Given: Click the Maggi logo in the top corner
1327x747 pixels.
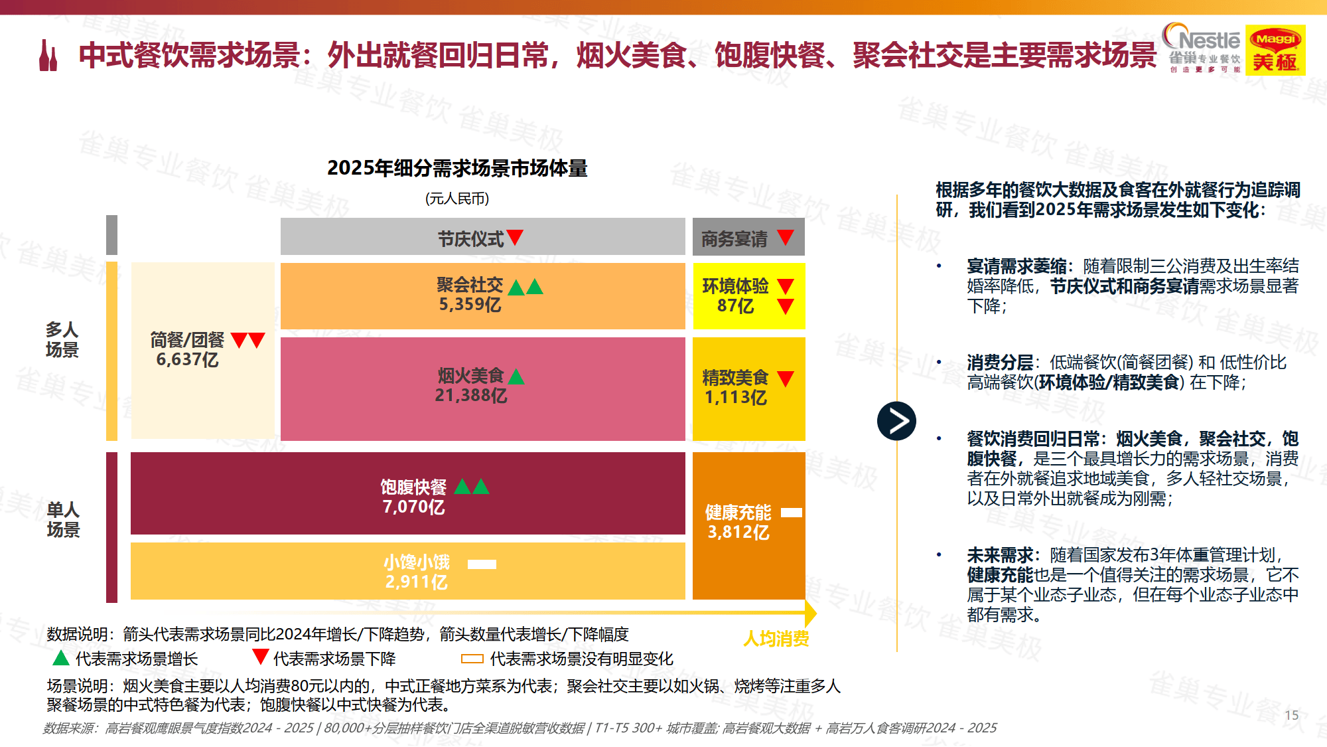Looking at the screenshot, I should (x=1275, y=50).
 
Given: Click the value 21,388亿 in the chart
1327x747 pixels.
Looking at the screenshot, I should (x=470, y=396).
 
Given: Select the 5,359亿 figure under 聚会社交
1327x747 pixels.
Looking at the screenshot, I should (x=470, y=305).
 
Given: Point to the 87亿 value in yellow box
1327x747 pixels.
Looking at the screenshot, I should (x=735, y=306).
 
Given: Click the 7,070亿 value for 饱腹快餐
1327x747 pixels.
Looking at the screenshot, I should (x=413, y=507).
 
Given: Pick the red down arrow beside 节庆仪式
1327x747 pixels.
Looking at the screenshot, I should (x=515, y=237).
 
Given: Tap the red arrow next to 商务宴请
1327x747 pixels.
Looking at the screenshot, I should (x=786, y=237).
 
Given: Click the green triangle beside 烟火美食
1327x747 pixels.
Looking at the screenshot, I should (x=516, y=377).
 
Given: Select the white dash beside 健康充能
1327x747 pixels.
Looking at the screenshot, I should (x=791, y=513).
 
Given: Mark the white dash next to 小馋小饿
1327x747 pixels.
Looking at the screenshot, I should (x=482, y=564).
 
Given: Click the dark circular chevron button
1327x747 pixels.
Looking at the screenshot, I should (x=896, y=421).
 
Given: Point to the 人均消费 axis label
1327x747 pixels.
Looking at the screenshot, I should (x=776, y=639).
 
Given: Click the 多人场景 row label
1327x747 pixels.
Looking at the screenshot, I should (x=62, y=339).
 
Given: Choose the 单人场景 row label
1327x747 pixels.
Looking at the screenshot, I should (x=63, y=519).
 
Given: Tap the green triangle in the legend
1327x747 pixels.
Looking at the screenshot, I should (x=61, y=658).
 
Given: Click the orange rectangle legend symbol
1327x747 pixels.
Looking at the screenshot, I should (x=472, y=659).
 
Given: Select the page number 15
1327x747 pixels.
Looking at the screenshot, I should (x=1291, y=715).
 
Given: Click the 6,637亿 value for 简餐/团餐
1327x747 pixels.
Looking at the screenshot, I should (x=187, y=360).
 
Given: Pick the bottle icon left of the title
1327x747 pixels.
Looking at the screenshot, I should (x=48, y=56).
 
